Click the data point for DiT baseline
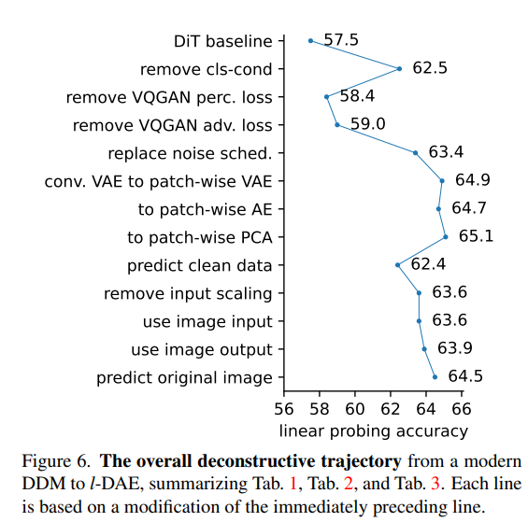310,40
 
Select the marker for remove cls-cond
399,68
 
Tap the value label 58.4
357,95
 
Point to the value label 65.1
476,235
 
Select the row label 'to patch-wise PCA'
205,237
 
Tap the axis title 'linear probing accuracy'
373,430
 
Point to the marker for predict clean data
397,264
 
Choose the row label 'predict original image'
184,377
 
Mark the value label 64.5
464,376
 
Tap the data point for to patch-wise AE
438,208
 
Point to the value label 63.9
454,348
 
